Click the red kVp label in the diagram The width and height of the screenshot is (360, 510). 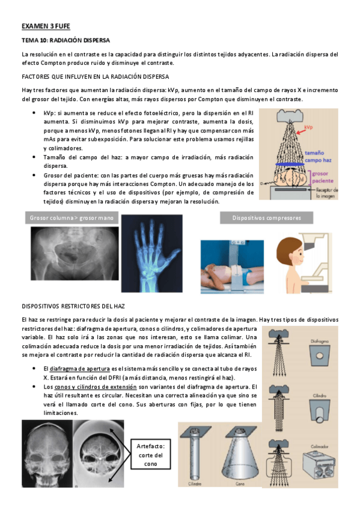309,127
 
